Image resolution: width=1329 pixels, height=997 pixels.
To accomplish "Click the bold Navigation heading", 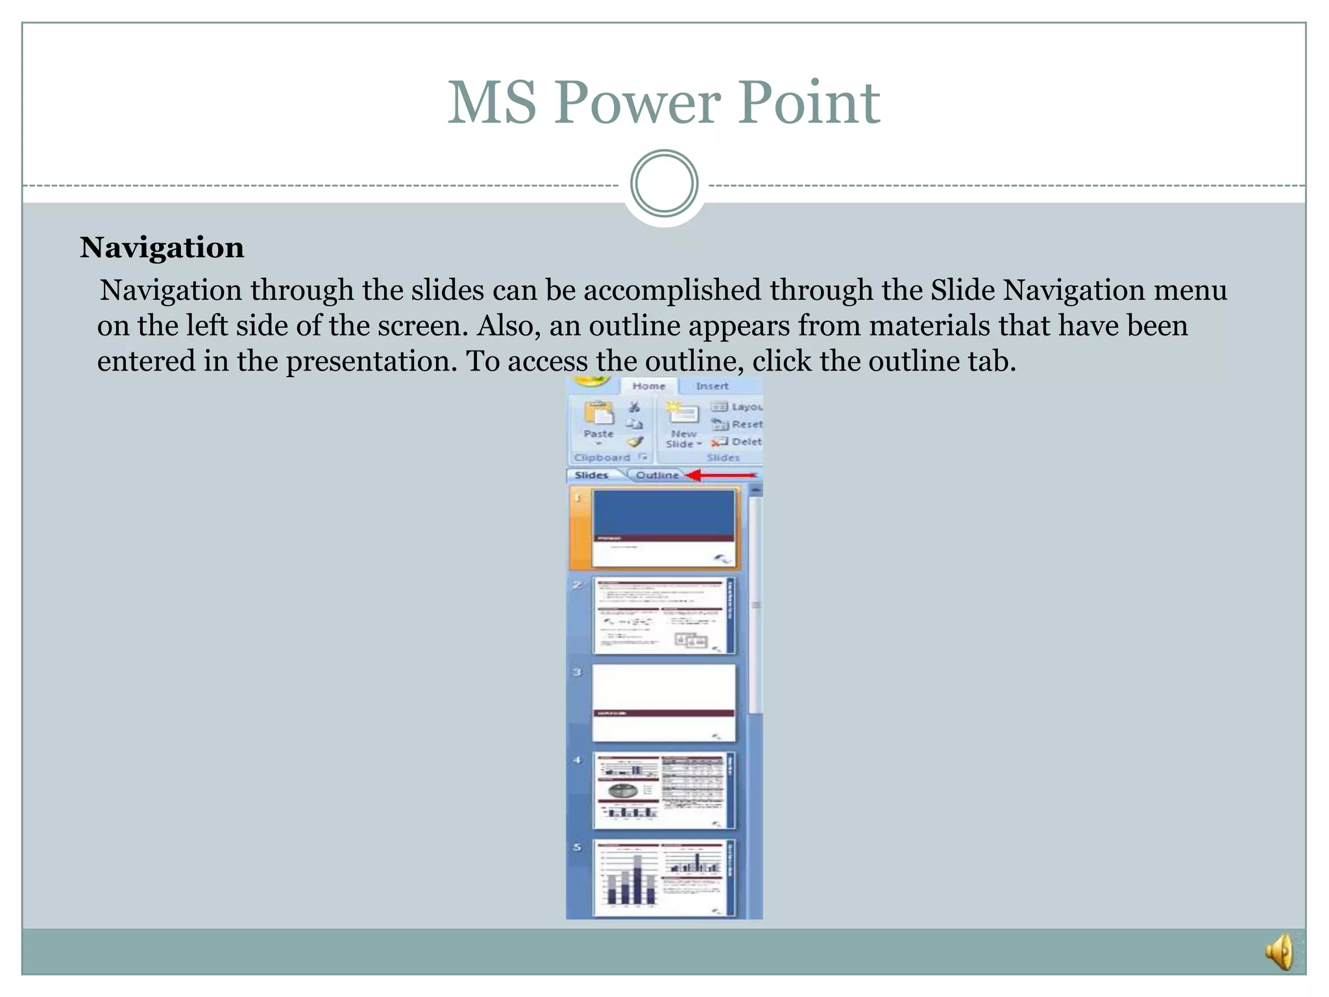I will pos(162,248).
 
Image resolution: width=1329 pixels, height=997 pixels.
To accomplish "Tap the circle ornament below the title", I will pos(664,184).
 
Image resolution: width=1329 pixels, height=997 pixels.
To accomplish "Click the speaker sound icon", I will pos(1280,952).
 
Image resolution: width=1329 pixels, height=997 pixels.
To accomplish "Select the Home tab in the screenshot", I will pos(648,386).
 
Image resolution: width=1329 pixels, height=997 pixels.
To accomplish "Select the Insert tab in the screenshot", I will pos(712,386).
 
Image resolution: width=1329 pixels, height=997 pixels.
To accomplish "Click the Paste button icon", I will pos(598,415).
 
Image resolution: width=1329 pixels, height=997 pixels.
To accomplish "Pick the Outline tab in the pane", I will pos(657,475).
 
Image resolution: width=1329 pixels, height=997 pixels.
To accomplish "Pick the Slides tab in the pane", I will pos(591,475).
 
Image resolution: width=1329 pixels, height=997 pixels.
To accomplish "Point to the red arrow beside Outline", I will pos(720,475).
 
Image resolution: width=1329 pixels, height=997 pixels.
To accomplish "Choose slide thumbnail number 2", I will pos(664,615).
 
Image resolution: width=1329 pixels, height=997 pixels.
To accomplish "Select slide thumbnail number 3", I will pos(664,702).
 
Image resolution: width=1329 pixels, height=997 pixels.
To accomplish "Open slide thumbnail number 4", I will pos(664,790).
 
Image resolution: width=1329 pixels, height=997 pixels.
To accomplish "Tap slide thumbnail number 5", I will pos(664,878).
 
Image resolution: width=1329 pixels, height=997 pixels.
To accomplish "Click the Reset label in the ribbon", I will pos(746,424).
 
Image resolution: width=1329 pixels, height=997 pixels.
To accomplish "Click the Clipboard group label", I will pos(602,458).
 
